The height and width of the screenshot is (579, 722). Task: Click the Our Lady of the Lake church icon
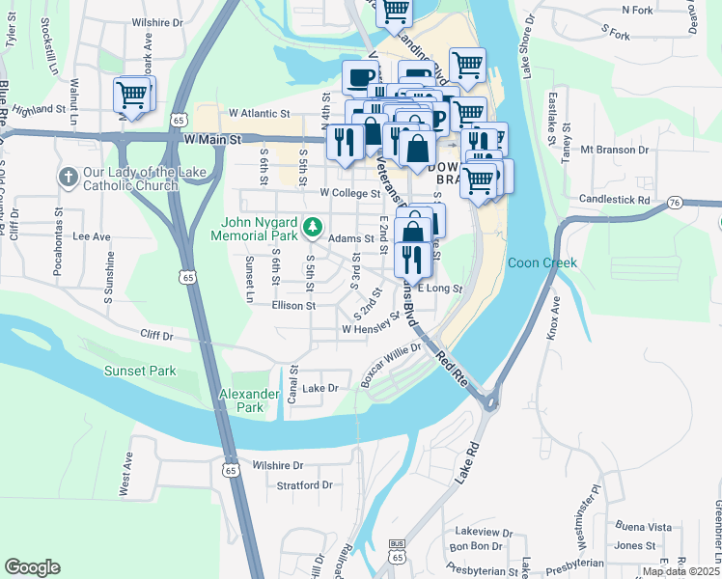(68, 178)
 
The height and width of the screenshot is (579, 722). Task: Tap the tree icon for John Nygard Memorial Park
(312, 228)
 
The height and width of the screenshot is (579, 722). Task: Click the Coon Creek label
(541, 262)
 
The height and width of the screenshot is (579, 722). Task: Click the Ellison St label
(293, 305)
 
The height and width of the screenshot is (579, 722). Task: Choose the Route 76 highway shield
(675, 202)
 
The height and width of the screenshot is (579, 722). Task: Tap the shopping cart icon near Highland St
(131, 96)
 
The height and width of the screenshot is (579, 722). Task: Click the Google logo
(32, 567)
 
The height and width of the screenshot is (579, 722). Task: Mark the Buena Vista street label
(644, 527)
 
